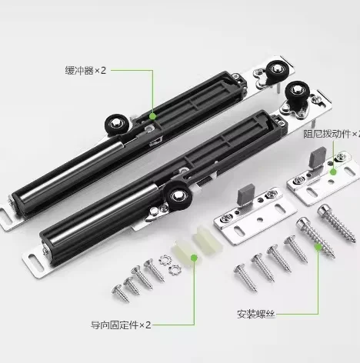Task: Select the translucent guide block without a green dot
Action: click(208, 237)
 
